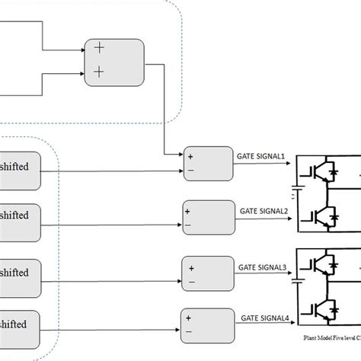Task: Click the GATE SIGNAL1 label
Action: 261,157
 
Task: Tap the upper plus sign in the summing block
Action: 99,47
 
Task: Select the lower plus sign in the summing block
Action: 99,72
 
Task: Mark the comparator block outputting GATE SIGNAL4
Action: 206,326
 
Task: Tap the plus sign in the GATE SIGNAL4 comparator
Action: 189,318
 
